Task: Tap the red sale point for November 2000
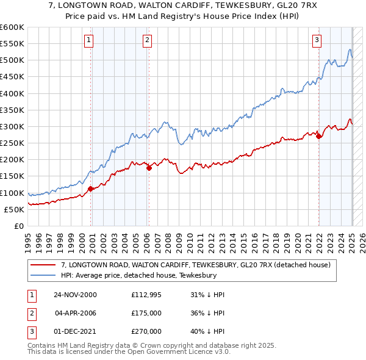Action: [x=91, y=189]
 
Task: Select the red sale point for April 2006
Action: [x=149, y=168]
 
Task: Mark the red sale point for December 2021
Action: [x=318, y=137]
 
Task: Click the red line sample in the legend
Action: [x=44, y=265]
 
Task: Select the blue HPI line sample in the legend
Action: [x=44, y=276]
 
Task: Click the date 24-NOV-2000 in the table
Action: [x=75, y=295]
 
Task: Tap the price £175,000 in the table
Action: [x=146, y=313]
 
